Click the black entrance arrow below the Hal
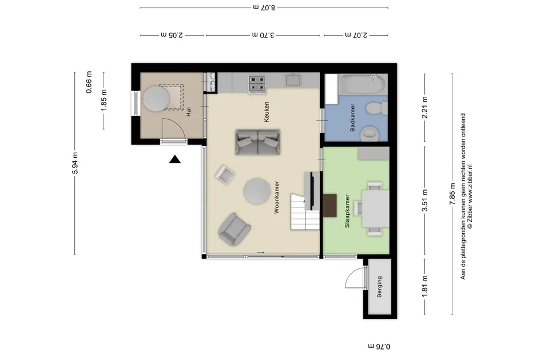[175, 160]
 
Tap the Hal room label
[189, 112]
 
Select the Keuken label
[267, 112]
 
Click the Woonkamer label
[276, 197]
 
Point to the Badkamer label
[352, 118]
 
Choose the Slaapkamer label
[347, 211]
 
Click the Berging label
[379, 287]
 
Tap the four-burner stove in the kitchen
[257, 84]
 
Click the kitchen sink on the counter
[294, 80]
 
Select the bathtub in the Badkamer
[363, 84]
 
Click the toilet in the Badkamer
[377, 108]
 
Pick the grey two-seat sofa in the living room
[258, 142]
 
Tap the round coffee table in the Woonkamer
[257, 191]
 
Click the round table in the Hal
[157, 98]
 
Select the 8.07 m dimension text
[264, 7]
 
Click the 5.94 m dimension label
[76, 163]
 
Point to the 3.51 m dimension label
[425, 200]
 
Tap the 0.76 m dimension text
[379, 346]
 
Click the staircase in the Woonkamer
[305, 212]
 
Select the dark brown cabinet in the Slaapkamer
[330, 206]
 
